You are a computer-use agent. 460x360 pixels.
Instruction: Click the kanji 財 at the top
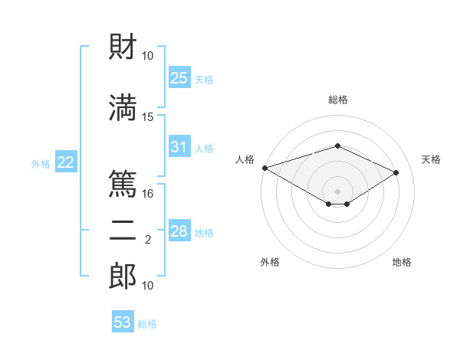coord(123,47)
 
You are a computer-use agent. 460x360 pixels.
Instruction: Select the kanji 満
coord(123,106)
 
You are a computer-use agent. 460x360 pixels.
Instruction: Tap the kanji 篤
coord(123,184)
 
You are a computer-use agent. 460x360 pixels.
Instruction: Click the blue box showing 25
coord(179,78)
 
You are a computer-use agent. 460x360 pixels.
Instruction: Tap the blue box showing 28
coord(179,232)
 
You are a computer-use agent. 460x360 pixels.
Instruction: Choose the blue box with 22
coord(65,162)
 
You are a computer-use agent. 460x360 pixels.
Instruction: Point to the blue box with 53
coord(123,322)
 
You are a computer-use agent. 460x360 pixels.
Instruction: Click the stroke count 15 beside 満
coord(148,116)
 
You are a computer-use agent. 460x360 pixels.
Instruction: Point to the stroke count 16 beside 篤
coord(148,194)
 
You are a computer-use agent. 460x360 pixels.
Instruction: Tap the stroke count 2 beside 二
coord(148,240)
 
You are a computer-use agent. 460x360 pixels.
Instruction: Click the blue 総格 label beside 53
coord(147,324)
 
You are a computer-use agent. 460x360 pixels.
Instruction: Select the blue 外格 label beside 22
coord(41,163)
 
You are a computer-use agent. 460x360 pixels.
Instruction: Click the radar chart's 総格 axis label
coord(337,100)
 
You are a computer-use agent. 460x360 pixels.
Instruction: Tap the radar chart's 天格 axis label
coord(431,159)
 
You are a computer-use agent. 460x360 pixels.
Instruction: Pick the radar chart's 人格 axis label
coord(245,159)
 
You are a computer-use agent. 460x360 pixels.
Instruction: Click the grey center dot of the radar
coord(337,191)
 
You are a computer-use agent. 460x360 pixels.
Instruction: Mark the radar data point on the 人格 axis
coord(264,167)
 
